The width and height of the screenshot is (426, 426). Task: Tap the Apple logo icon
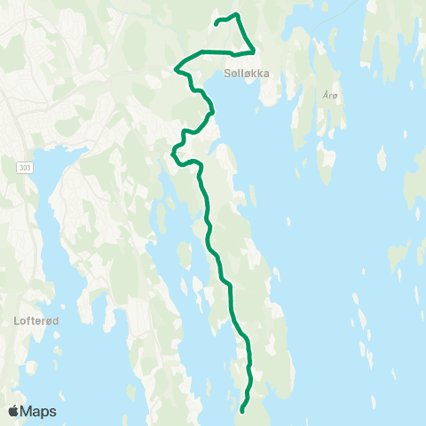14,411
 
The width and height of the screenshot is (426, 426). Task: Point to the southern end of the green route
241,410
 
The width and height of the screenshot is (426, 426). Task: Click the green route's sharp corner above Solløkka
255,51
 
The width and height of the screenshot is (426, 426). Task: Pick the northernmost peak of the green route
235,14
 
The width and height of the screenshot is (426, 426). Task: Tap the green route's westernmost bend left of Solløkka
177,66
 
